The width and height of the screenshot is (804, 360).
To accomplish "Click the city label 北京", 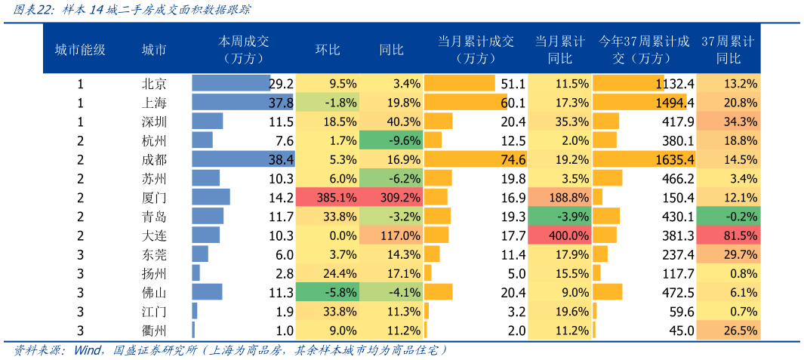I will [154, 84].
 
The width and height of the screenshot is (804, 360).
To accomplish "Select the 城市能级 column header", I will [80, 50].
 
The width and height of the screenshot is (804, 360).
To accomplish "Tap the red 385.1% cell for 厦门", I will [327, 198].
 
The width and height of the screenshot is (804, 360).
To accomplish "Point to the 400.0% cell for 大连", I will [559, 235].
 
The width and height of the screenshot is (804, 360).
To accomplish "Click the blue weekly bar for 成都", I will [242, 159].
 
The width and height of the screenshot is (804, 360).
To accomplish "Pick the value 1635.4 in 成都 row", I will [674, 159].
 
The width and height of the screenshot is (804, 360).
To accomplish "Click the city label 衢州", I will [154, 330].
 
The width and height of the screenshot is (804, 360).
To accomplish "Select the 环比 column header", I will [327, 50].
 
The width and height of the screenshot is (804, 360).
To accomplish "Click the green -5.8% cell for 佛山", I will [327, 292].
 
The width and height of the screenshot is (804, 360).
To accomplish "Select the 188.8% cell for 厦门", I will [559, 198].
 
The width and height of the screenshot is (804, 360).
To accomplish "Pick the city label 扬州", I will [154, 273].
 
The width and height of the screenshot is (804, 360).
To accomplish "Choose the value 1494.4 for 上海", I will [674, 103].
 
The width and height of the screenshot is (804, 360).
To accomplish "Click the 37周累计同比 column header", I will [728, 50].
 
